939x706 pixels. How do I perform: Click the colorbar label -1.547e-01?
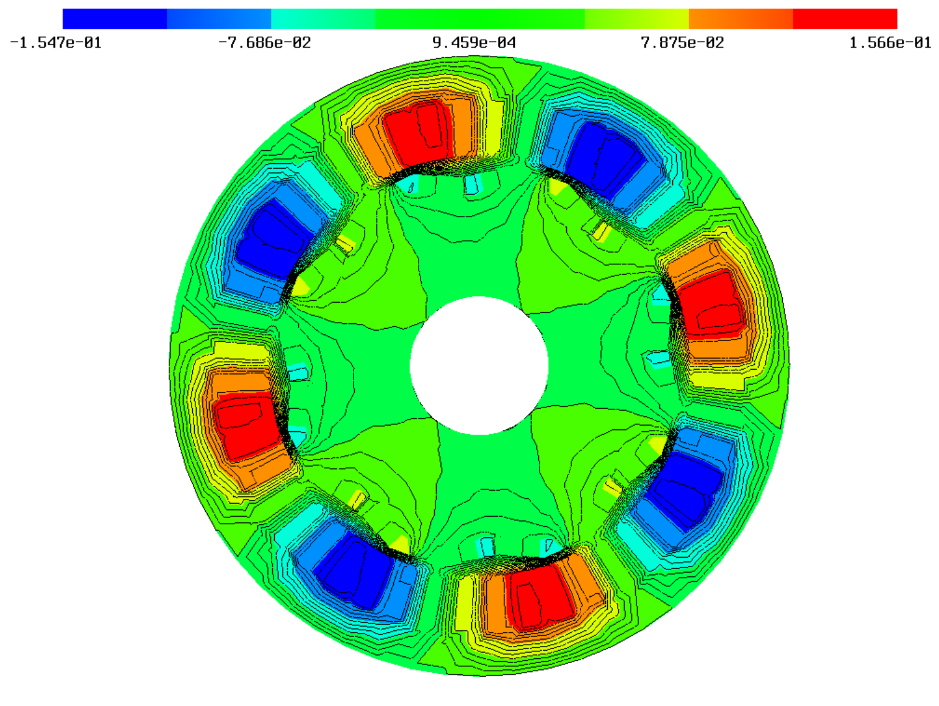coord(56,43)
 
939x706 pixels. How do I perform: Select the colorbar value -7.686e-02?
coord(264,43)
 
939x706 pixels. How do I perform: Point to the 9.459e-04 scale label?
coord(474,43)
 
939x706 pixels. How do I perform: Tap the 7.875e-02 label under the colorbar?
coord(682,43)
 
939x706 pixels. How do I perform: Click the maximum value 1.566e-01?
coord(890,43)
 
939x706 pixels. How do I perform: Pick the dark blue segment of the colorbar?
coord(115,19)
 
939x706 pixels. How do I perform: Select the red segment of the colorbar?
coord(845,19)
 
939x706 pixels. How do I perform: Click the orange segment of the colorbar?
coord(741,19)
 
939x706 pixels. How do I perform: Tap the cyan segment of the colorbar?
coord(323,19)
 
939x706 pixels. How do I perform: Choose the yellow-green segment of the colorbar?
coord(636,19)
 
